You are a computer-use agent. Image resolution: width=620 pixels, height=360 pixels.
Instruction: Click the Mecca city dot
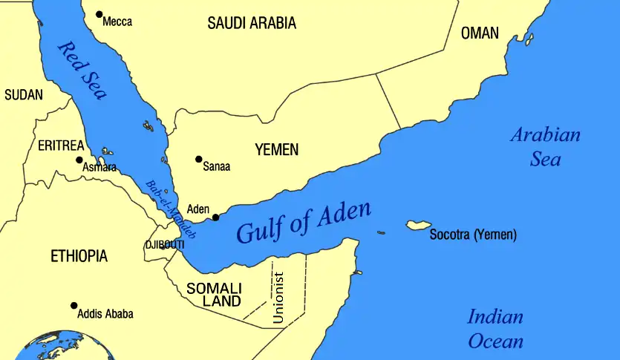click(x=99, y=14)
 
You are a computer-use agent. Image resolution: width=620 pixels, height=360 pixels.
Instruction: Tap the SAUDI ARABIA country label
click(x=252, y=23)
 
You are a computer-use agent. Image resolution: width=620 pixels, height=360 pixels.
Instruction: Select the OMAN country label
click(x=480, y=33)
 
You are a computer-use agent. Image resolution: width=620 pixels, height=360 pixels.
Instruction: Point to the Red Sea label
click(x=82, y=71)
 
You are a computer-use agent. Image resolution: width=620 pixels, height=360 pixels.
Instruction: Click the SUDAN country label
click(x=24, y=95)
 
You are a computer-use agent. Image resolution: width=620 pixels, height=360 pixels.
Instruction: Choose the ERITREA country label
click(x=61, y=145)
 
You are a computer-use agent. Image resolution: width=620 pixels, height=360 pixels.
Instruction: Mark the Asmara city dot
click(x=79, y=160)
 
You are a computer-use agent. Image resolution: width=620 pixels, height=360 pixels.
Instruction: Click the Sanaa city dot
click(x=198, y=159)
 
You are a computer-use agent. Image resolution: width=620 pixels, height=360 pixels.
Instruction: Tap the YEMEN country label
click(x=276, y=150)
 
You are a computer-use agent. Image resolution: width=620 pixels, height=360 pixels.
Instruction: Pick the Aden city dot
click(x=215, y=217)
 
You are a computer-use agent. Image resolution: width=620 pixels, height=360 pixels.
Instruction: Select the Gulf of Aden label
click(x=303, y=221)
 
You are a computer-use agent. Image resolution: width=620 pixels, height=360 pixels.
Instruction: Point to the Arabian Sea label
click(x=546, y=147)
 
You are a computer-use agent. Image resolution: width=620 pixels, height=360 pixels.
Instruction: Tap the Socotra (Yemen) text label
click(x=473, y=235)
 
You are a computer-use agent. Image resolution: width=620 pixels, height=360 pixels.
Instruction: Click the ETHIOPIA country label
click(x=79, y=257)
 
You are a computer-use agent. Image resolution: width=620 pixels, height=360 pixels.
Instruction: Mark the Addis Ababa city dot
click(x=74, y=305)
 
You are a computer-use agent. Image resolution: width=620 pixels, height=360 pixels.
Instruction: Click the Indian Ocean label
click(x=495, y=329)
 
